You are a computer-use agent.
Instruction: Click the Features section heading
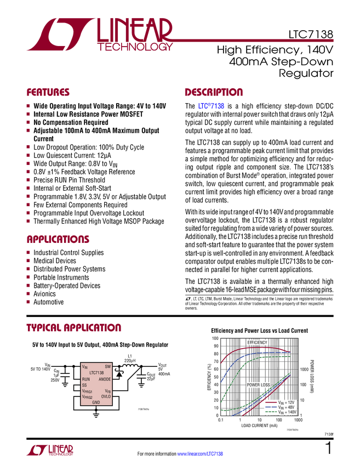click(x=48, y=93)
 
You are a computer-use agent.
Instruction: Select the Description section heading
click(x=214, y=93)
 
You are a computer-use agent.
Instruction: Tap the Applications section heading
click(x=58, y=240)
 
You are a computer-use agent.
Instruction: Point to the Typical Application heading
click(x=74, y=328)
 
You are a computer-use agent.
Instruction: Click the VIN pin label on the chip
click(x=85, y=366)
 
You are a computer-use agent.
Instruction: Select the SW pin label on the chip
click(x=107, y=366)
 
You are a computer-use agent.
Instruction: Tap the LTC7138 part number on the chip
click(x=96, y=372)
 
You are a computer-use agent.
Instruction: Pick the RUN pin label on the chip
click(x=86, y=379)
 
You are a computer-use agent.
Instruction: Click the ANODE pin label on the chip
click(x=105, y=379)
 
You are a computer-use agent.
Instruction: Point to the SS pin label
click(x=84, y=385)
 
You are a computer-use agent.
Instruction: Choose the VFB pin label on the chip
click(x=108, y=391)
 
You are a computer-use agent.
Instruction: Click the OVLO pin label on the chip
click(x=106, y=396)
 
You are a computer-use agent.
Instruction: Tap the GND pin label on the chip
click(x=96, y=402)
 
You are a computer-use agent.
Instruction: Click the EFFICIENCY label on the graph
click(x=257, y=343)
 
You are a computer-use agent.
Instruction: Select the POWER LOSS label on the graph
click(x=258, y=385)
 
